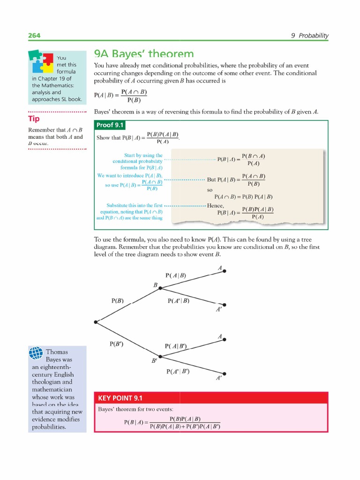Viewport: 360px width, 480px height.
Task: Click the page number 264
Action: pos(34,36)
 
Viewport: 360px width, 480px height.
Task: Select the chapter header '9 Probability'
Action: pos(310,36)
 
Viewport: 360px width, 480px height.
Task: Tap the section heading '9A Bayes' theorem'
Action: pos(143,54)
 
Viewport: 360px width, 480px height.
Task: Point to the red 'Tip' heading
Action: pos(34,119)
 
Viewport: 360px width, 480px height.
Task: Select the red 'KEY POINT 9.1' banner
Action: pos(120,398)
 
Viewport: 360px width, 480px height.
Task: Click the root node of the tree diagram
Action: pos(96,322)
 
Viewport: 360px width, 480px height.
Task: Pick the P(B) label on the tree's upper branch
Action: pos(117,300)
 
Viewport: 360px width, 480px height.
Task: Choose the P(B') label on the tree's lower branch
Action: pos(116,344)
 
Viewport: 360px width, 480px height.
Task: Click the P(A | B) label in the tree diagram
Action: pos(176,276)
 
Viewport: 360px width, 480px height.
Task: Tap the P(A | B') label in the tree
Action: pos(176,346)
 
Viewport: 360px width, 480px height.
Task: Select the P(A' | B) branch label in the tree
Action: pos(178,300)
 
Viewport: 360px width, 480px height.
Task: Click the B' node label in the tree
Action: pos(154,361)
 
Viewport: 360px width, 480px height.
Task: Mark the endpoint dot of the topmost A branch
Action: pos(225,271)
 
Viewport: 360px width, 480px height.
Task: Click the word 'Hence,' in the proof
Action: pos(216,206)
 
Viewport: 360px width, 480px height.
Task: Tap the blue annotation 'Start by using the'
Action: pos(143,155)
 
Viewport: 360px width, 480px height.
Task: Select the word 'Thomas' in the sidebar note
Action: pos(57,352)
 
